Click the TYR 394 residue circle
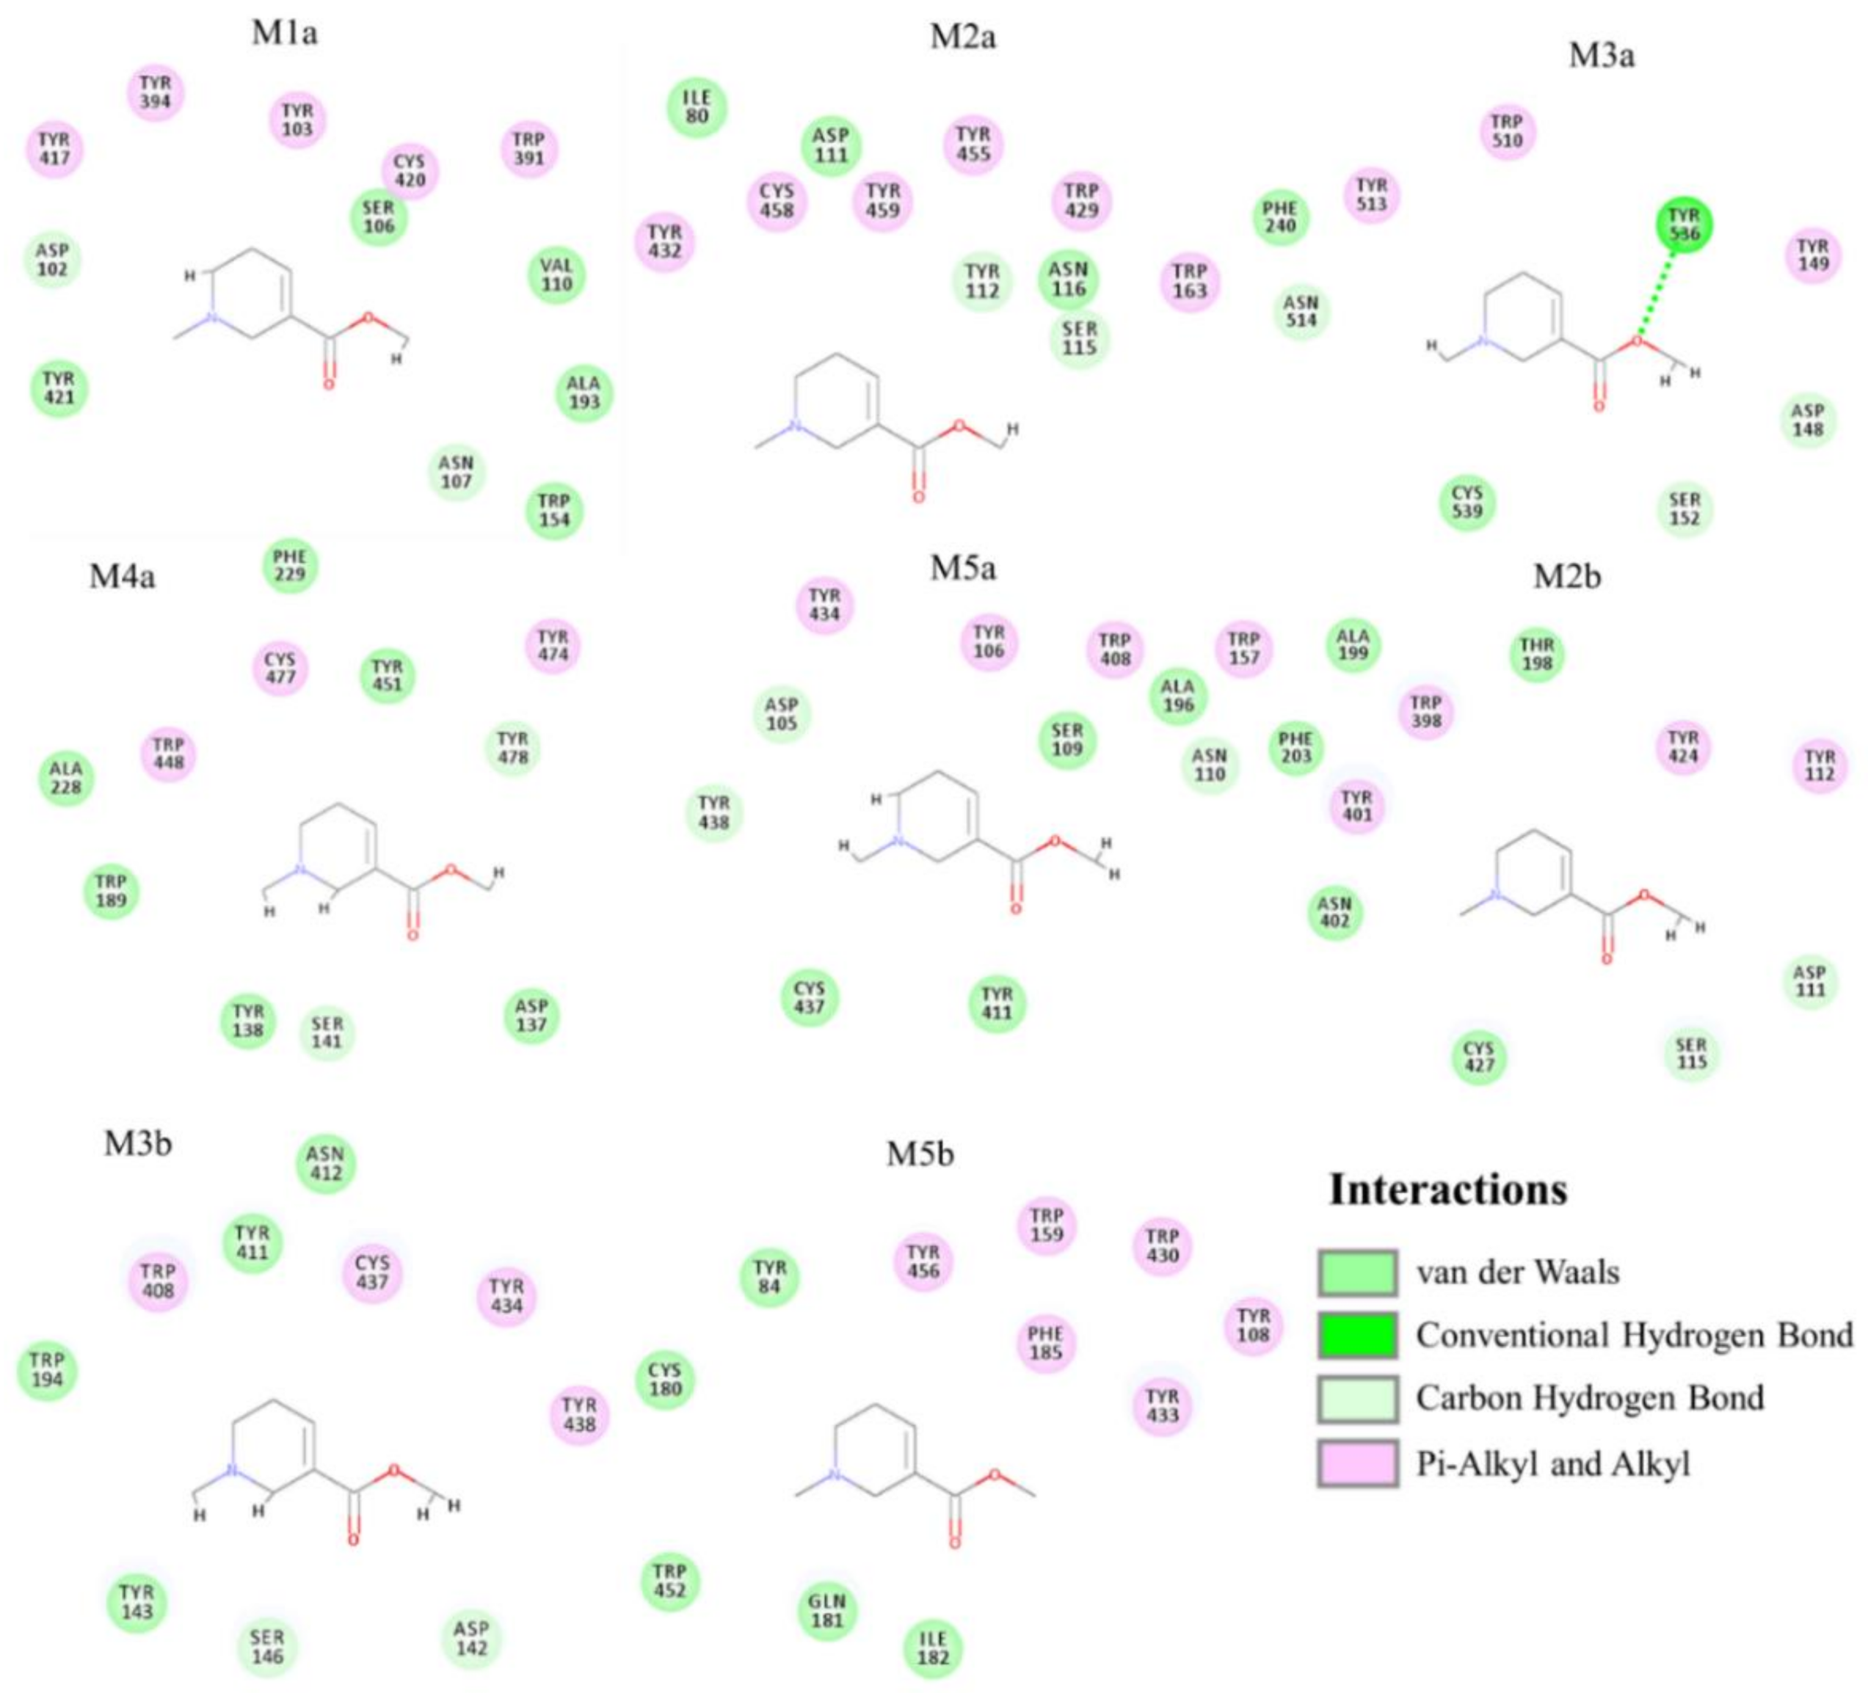pos(155,92)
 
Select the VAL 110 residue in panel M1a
pos(557,275)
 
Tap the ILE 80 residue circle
pos(697,107)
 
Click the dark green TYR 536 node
pos(1684,225)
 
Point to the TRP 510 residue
pos(1507,131)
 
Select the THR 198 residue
pos(1536,654)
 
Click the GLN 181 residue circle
pos(826,1611)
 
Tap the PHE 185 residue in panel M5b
pos(1045,1343)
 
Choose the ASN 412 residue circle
pos(325,1163)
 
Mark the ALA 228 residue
pos(66,777)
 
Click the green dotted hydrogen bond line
pos(1661,287)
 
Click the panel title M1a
pos(285,33)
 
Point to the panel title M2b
pos(1567,575)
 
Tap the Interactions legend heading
pos(1447,1190)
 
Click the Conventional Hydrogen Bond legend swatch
pos(1357,1336)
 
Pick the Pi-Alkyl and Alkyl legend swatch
pos(1357,1463)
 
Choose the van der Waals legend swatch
pos(1357,1273)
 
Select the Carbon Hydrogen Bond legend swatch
pos(1357,1398)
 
